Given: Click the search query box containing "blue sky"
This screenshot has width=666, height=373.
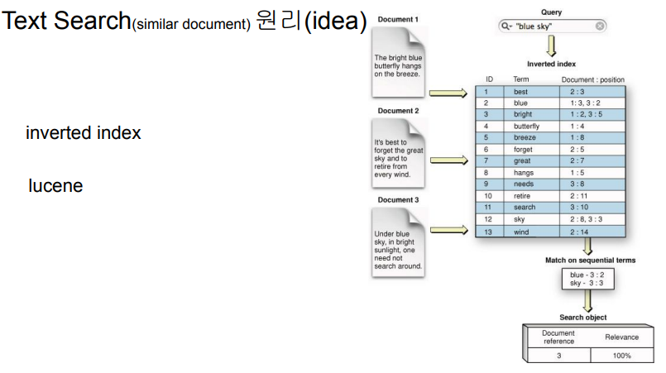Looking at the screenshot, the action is [x=551, y=26].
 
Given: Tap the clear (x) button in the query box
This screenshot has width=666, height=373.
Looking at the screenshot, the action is [x=600, y=26].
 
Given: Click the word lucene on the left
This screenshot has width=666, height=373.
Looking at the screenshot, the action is [x=55, y=186].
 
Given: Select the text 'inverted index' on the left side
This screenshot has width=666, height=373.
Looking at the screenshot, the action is [x=83, y=133].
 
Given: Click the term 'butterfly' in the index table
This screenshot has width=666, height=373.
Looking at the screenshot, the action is [x=526, y=126].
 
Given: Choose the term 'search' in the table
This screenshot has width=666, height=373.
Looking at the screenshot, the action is [x=524, y=207].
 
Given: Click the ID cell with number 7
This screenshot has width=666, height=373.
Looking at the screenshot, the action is [x=487, y=160].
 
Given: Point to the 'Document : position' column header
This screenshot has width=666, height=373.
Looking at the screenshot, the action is [x=592, y=79].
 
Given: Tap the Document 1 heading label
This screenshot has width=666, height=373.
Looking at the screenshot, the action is [x=397, y=19].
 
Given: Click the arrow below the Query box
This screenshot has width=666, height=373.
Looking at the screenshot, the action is [x=551, y=46].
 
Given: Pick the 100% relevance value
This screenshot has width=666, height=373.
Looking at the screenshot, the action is [x=621, y=356].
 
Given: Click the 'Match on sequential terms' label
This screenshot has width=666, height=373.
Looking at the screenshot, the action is [x=590, y=260].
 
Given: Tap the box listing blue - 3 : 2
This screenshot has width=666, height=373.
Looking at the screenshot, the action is [x=588, y=279].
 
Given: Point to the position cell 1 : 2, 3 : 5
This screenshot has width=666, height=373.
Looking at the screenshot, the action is [x=589, y=114].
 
